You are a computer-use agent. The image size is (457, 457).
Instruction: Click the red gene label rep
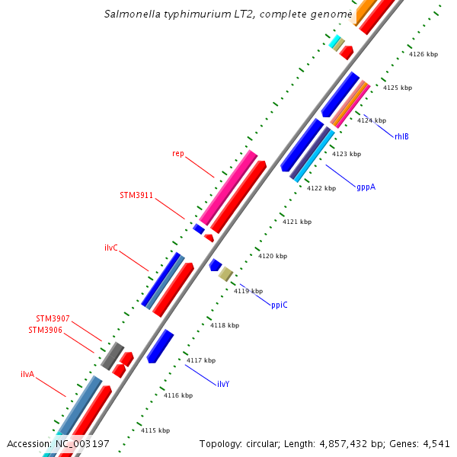pyautogui.click(x=177, y=153)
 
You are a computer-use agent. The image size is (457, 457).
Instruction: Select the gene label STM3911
pyautogui.click(x=136, y=195)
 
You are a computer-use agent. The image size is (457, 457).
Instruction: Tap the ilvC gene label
pyautogui.click(x=110, y=248)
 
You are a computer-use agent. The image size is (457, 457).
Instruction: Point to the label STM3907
pyautogui.click(x=53, y=318)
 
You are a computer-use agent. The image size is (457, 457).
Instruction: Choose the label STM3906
pyautogui.click(x=46, y=330)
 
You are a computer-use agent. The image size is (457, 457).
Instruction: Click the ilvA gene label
pyautogui.click(x=27, y=374)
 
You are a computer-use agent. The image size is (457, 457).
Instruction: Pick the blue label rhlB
pyautogui.click(x=401, y=136)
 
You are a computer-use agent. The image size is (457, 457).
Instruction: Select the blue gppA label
pyautogui.click(x=366, y=187)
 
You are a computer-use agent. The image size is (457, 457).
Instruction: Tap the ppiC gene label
pyautogui.click(x=280, y=305)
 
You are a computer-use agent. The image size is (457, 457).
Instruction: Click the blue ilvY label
pyautogui.click(x=223, y=384)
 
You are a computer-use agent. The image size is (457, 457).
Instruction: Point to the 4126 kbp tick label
pyautogui.click(x=423, y=54)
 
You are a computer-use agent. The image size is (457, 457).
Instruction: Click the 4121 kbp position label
pyautogui.click(x=297, y=222)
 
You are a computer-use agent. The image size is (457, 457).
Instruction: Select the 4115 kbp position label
pyautogui.click(x=155, y=430)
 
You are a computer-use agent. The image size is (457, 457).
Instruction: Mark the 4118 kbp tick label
pyautogui.click(x=225, y=325)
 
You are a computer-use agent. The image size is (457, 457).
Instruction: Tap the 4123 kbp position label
pyautogui.click(x=346, y=154)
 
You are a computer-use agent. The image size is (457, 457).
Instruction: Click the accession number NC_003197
pyautogui.click(x=81, y=443)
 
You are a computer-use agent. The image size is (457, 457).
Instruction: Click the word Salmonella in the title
pyautogui.click(x=132, y=14)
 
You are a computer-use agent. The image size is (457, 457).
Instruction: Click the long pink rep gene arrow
pyautogui.click(x=228, y=188)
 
